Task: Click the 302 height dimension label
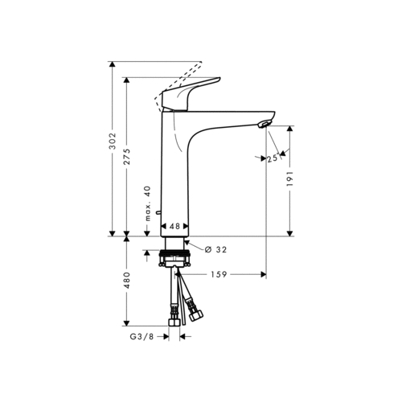point(113,142)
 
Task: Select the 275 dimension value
point(127,156)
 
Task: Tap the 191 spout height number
point(290,178)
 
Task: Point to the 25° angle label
point(273,158)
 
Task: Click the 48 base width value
point(174,226)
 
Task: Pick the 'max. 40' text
point(148,203)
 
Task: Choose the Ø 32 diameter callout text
point(215,250)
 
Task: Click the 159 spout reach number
point(219,274)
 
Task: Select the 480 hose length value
point(127,281)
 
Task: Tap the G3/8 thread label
point(142,337)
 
